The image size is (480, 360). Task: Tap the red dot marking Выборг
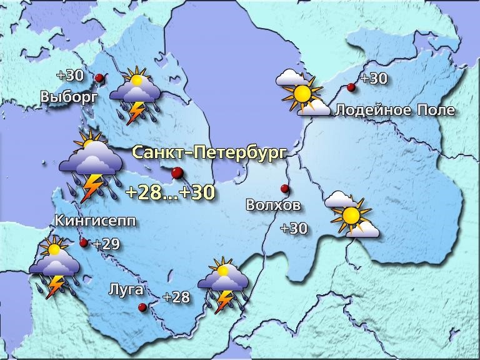[99, 77]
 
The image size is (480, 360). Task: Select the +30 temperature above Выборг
[69, 75]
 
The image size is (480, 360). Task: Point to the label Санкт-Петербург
[209, 152]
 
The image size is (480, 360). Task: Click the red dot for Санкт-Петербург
[177, 172]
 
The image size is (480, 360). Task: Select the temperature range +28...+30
[171, 192]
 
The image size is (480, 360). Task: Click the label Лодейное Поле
[395, 111]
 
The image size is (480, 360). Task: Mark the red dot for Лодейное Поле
[351, 87]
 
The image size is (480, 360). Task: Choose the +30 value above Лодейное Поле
[374, 79]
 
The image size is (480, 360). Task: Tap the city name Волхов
[273, 205]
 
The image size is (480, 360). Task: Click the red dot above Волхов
[284, 188]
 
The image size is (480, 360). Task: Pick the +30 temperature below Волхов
[294, 229]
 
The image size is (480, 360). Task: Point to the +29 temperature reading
[106, 244]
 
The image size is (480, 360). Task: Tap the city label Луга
[126, 290]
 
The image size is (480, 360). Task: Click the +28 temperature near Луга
[176, 297]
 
